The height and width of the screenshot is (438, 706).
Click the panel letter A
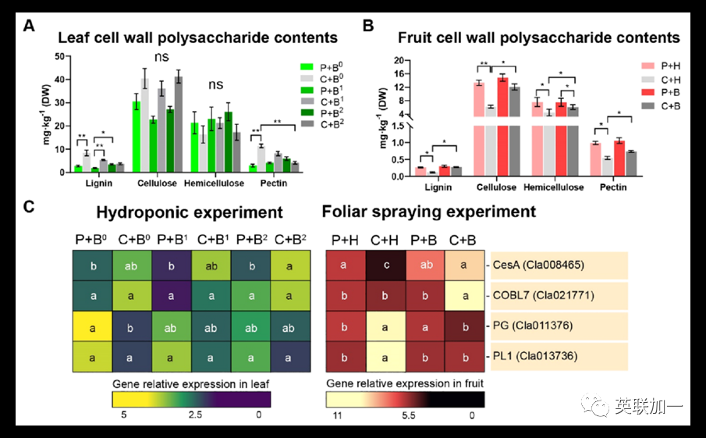29,26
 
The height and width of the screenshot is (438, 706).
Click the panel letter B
369,26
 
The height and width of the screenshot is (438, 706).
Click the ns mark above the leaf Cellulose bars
161,57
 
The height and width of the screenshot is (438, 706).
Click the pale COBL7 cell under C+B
464,296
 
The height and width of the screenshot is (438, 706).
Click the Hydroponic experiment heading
189,212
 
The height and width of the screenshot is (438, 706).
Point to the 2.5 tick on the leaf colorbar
195,415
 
